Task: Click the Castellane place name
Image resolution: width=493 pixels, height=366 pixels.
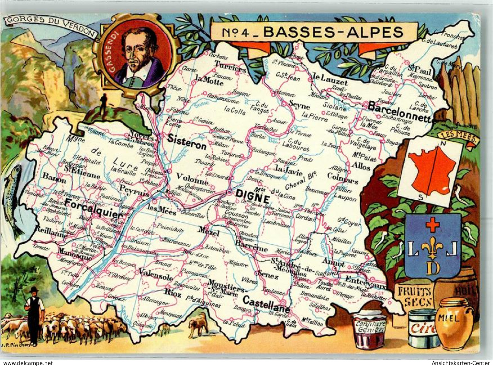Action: tap(266, 305)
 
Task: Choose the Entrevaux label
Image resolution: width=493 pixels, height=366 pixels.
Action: tap(366, 283)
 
